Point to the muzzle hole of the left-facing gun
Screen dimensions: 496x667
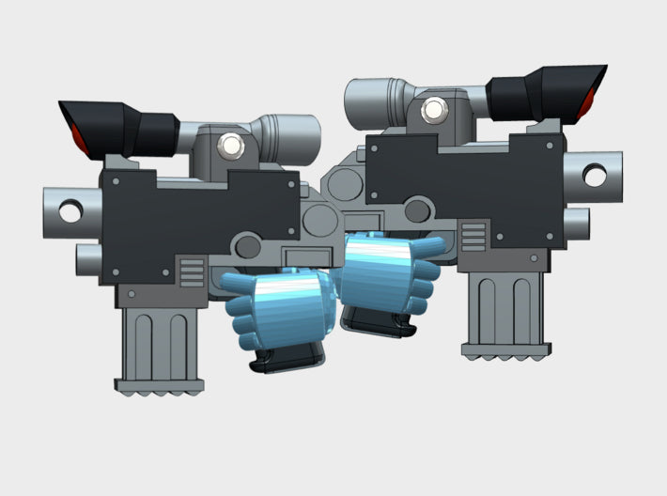70,210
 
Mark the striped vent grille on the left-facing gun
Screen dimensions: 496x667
191,274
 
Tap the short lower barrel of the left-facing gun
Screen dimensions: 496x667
88,256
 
